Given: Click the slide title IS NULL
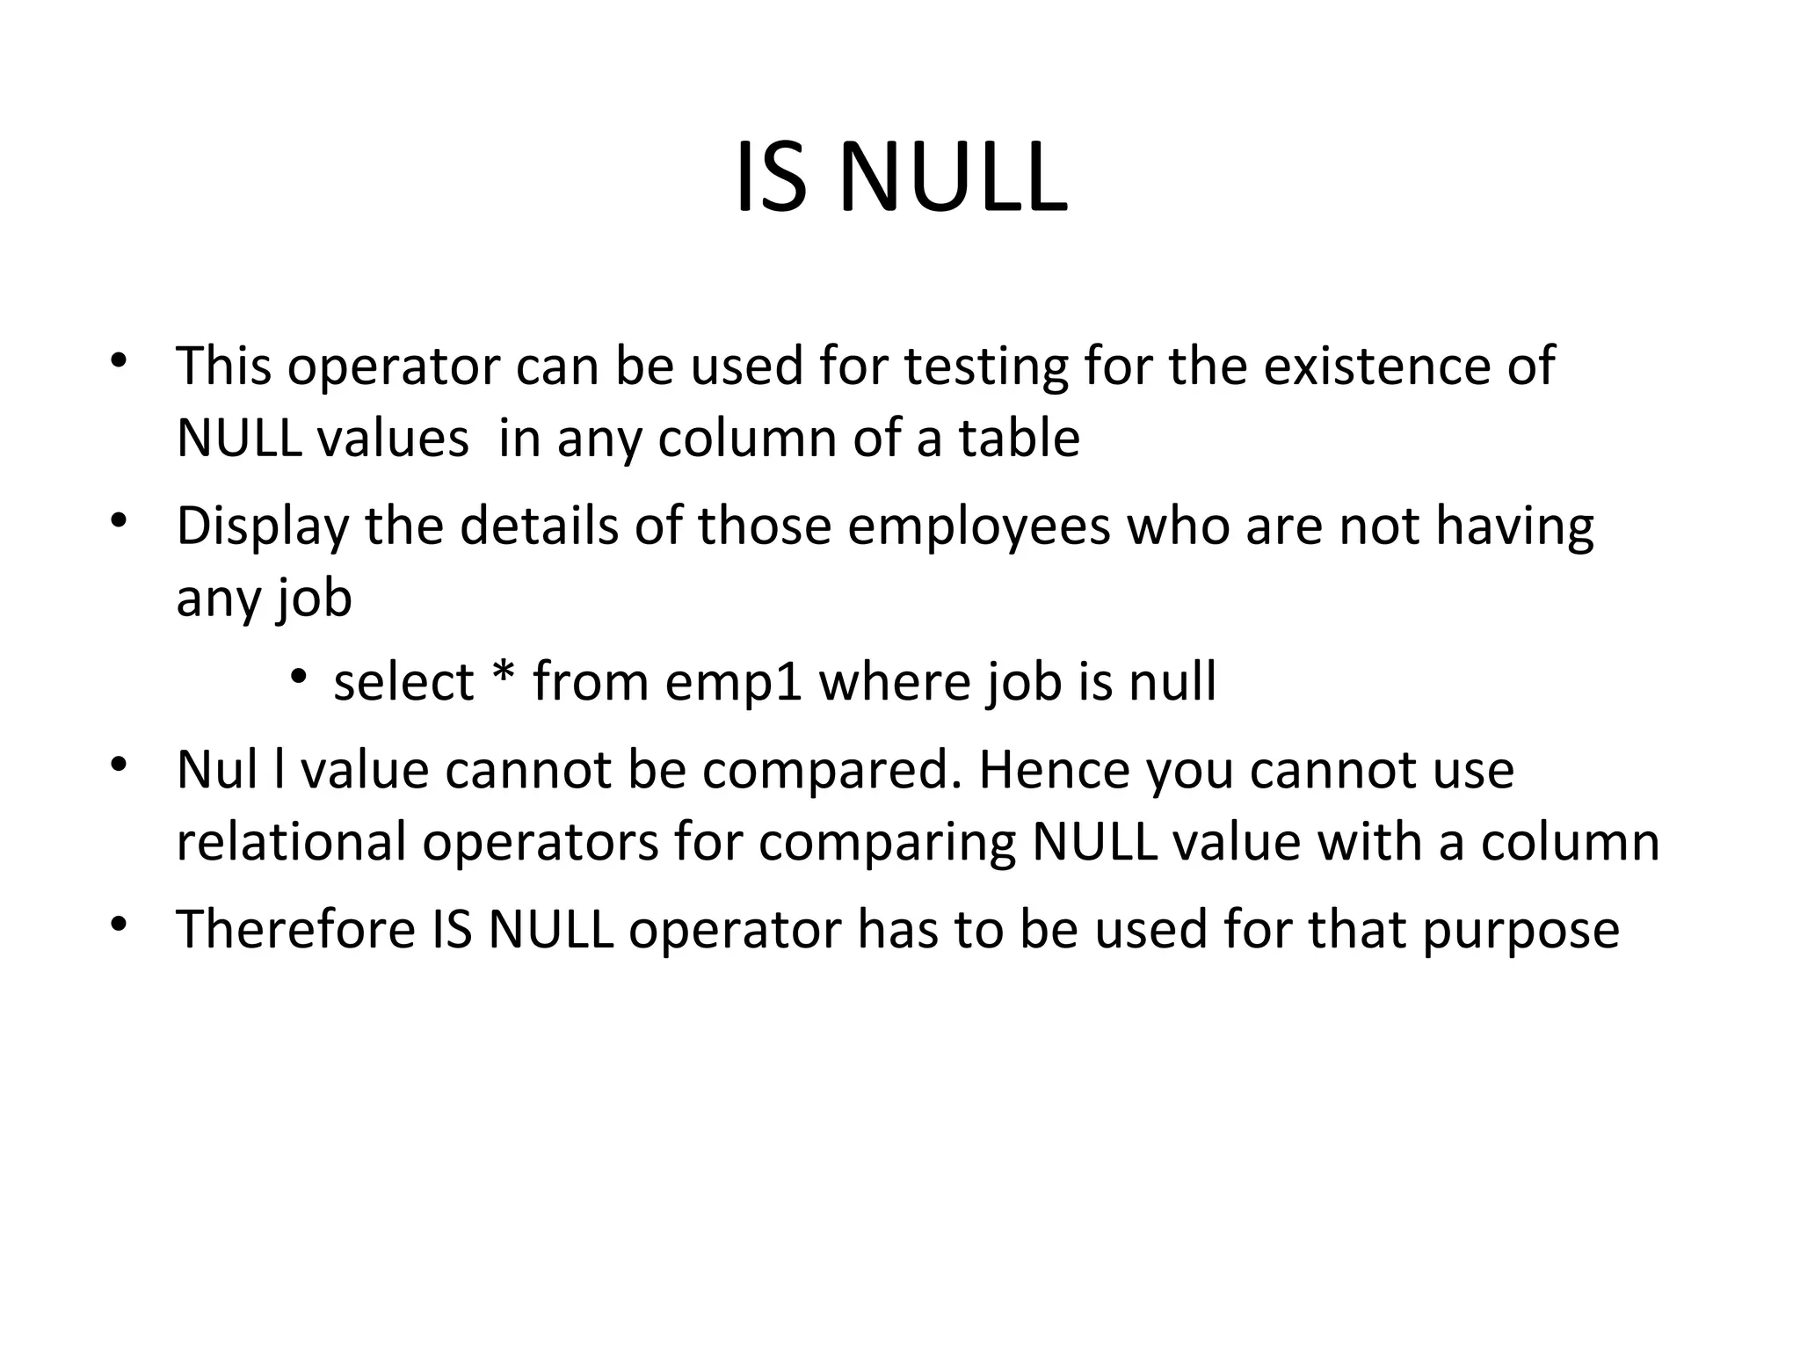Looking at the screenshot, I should (x=900, y=179).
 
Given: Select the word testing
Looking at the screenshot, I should (x=987, y=367).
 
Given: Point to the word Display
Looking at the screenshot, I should (x=263, y=527).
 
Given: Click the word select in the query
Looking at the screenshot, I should (x=403, y=682).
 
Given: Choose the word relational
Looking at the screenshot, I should (x=291, y=842).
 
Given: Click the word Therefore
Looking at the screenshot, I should (x=296, y=929).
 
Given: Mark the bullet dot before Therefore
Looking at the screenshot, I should (x=120, y=924).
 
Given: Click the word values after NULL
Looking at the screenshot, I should (x=393, y=438).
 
